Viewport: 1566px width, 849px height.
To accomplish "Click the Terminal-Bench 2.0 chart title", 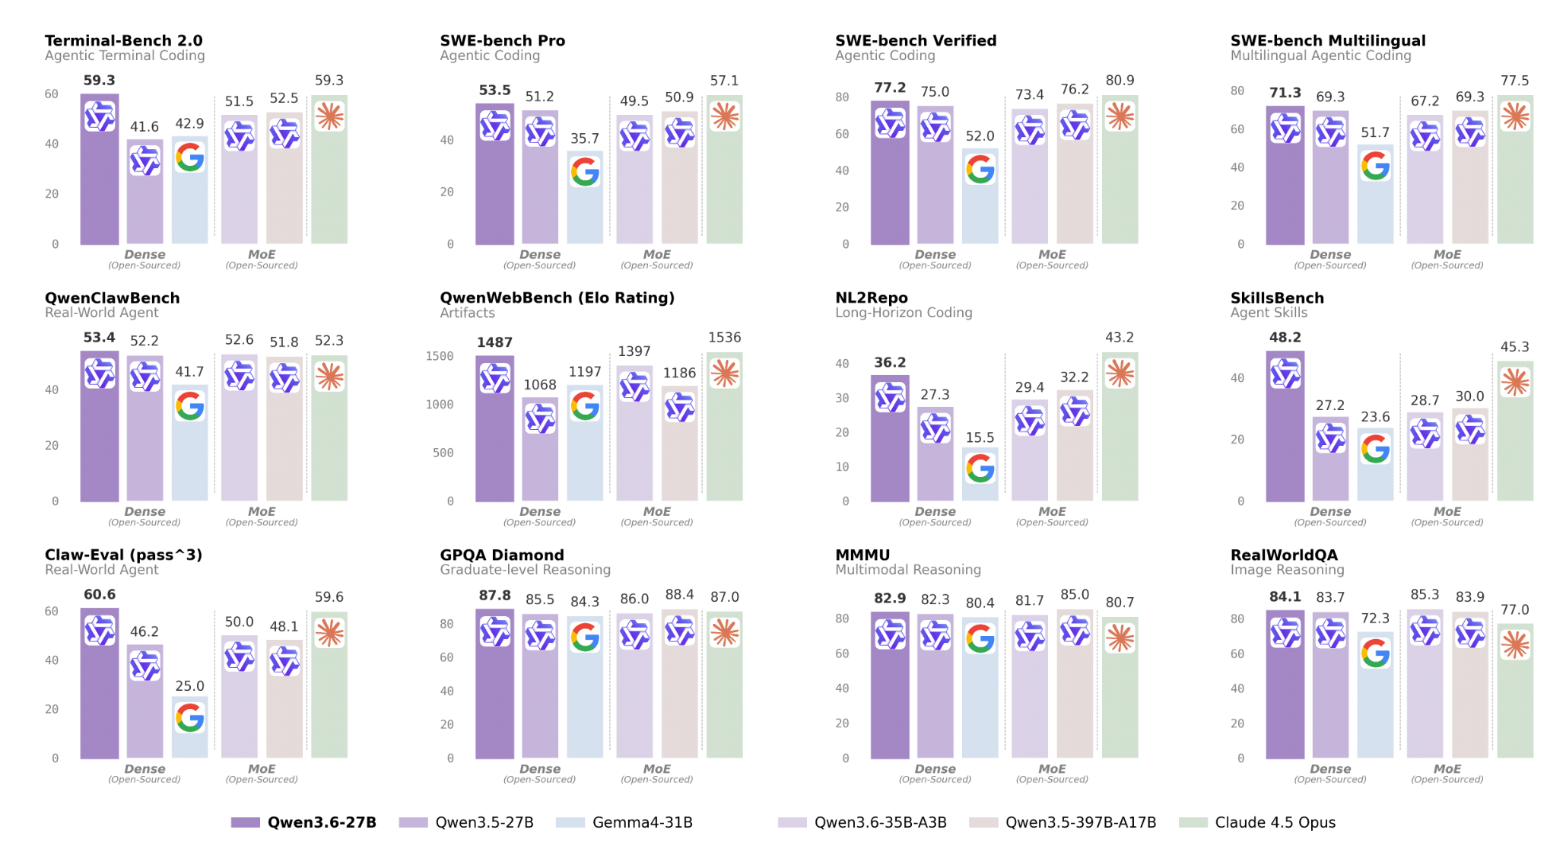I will (x=123, y=40).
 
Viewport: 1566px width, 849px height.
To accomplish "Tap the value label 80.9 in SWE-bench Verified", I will (x=1120, y=81).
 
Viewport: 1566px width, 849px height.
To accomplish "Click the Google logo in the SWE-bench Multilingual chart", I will (x=1375, y=166).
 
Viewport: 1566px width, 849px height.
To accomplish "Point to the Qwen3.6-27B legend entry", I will (x=304, y=822).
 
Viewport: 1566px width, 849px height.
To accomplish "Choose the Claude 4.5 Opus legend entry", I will (x=1258, y=822).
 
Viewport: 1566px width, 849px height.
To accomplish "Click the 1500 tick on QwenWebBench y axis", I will (x=440, y=356).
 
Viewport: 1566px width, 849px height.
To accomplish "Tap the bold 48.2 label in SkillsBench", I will (x=1285, y=337).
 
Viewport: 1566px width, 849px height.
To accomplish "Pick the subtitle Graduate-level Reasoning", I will (x=525, y=570).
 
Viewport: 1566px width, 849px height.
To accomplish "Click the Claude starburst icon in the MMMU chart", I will (x=1120, y=638).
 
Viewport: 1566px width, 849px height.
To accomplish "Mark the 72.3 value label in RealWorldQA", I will (x=1375, y=618).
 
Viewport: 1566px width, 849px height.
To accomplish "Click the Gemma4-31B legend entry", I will (x=624, y=822).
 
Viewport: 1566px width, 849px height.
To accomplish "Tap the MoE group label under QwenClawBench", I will (x=262, y=512).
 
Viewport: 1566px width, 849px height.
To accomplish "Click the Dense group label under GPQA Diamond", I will (x=540, y=769).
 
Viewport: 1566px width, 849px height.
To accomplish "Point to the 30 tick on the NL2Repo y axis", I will (x=842, y=398).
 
